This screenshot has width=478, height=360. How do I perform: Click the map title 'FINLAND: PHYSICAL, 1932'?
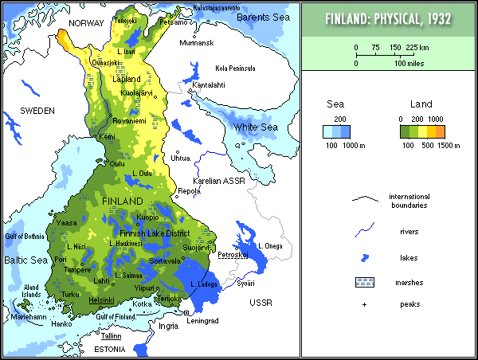coord(390,18)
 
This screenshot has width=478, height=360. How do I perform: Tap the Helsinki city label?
coord(103,300)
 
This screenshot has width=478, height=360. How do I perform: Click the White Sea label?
coord(254,127)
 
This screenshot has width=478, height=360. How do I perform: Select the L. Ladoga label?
coord(206,284)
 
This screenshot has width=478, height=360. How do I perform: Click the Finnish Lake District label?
coord(155,233)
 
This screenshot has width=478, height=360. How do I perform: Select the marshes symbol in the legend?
coord(366,281)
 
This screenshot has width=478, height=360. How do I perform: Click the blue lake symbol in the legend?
coord(366,258)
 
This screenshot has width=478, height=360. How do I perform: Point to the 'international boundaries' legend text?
coord(409,201)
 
